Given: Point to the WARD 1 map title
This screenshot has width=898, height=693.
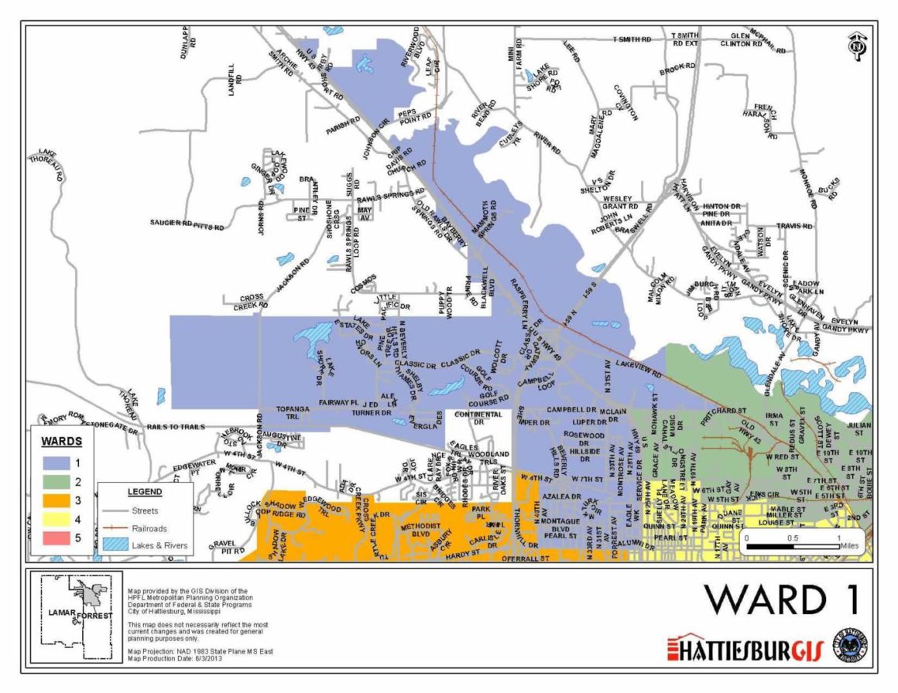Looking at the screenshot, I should point(780,600).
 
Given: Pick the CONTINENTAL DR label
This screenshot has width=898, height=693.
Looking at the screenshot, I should point(478,418).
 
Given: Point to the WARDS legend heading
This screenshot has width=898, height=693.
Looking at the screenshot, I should point(61,442).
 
